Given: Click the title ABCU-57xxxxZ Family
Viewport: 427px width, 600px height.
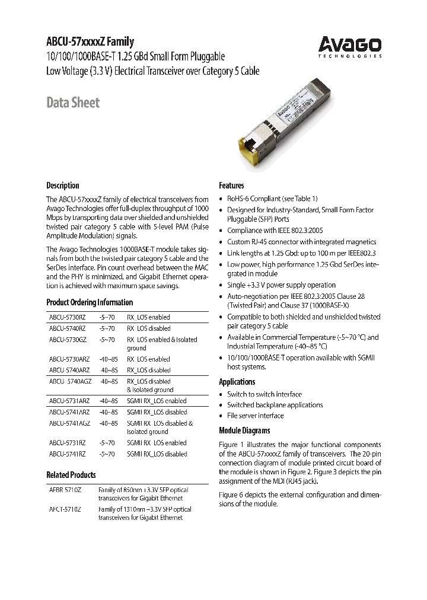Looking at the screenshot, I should click(90, 42).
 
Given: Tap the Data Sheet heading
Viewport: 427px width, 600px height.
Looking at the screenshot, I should click(73, 103).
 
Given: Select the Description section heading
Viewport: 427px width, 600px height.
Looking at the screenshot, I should click(63, 185).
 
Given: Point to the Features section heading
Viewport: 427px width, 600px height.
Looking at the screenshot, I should click(231, 185).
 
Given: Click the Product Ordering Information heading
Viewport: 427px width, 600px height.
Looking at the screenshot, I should click(90, 302).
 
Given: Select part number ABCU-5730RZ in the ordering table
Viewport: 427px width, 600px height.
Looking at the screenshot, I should click(68, 317).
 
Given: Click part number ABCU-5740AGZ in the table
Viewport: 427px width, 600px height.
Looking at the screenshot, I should click(69, 381).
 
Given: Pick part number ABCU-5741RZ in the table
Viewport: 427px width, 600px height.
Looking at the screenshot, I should click(68, 454).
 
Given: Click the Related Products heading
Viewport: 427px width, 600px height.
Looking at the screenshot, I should click(71, 475).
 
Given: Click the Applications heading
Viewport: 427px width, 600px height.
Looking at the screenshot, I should click(237, 382).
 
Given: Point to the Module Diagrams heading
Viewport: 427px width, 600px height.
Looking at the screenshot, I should click(244, 430).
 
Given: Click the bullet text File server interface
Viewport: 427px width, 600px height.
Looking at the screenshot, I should click(255, 416).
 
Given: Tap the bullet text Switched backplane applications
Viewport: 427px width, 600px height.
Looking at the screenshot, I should click(275, 405).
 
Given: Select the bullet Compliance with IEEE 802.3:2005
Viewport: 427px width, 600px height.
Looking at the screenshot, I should click(275, 231).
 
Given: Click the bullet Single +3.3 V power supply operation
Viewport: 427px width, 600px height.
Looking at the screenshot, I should click(281, 285).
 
